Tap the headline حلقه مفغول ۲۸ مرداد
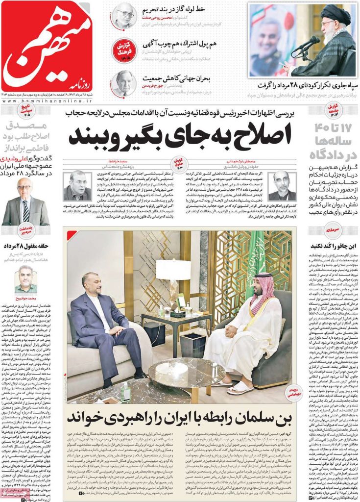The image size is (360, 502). coord(25,245)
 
